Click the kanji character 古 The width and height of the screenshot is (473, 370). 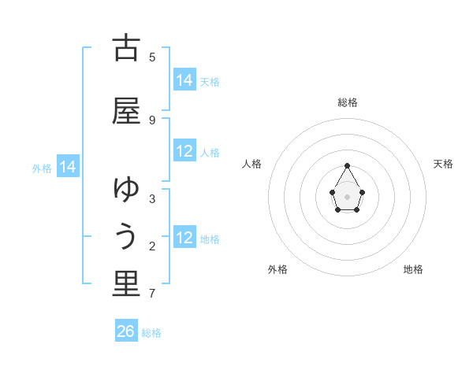coord(126,49)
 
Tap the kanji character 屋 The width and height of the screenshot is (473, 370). coord(126,112)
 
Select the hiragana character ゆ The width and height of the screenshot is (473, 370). coord(126,190)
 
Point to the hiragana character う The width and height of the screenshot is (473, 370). coord(126,237)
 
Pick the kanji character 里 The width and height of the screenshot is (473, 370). coord(126,284)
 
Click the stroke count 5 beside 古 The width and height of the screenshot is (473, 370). coord(152,57)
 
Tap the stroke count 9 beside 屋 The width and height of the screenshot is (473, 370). coord(152,120)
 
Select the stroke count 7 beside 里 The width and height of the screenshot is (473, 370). coord(152,294)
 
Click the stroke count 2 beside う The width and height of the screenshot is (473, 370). coord(152,246)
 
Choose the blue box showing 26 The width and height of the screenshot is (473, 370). coord(126,331)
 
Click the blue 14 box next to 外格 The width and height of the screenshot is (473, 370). coord(68,167)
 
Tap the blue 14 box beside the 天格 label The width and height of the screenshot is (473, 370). coord(184,80)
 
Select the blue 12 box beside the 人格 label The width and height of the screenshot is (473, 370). coord(184,151)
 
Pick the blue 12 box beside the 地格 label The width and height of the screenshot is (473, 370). coord(184,238)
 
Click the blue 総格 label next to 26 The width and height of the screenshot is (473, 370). coord(151,333)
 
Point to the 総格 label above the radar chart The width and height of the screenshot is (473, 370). coord(348,102)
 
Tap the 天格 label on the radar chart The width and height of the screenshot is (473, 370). coord(443,164)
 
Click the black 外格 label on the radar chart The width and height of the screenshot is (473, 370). coord(277,269)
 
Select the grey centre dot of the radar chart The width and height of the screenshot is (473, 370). coord(347,195)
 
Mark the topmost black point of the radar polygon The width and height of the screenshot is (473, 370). coord(347,165)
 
